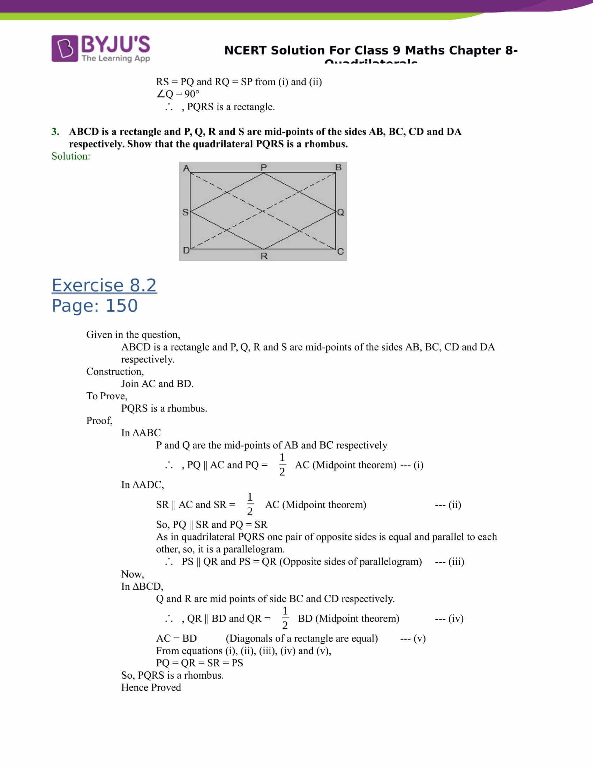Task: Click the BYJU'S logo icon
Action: (65, 48)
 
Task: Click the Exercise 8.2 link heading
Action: (104, 285)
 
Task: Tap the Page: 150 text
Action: (95, 305)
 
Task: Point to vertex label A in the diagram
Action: (186, 168)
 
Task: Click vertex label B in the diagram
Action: (338, 167)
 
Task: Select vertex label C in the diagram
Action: (340, 251)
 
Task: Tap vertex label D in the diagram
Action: (186, 250)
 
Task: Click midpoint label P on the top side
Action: (263, 167)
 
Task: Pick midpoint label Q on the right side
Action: (340, 212)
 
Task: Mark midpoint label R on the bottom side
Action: (264, 256)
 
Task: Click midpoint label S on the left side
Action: (186, 212)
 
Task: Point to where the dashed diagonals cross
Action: (263, 211)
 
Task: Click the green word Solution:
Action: (70, 156)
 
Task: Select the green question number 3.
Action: (55, 132)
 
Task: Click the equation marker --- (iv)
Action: (449, 618)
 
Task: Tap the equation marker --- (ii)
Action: (448, 505)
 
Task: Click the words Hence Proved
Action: (151, 687)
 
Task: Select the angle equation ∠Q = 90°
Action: (178, 94)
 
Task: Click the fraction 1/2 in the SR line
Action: (249, 504)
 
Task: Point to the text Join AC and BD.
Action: (157, 384)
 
